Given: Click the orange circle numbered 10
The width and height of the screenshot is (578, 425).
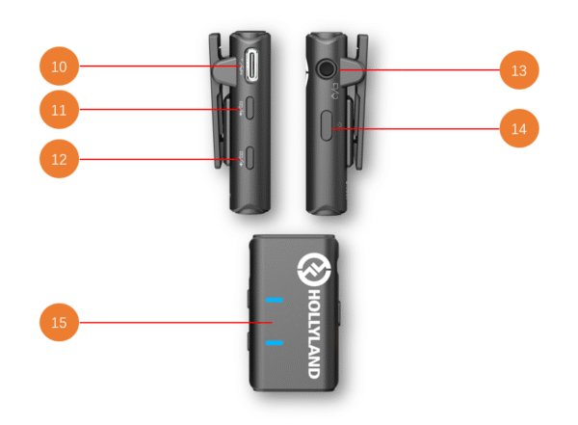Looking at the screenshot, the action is point(59,66).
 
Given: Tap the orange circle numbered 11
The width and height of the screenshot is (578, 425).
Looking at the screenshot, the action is point(59,110).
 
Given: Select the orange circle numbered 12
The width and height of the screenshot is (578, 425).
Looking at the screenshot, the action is point(59,159).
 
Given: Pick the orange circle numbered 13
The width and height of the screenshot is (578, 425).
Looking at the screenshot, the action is point(519,70).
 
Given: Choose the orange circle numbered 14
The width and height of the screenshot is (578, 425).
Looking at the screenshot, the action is point(519,128).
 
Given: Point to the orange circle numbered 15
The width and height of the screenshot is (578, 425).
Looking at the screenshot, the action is point(59,323).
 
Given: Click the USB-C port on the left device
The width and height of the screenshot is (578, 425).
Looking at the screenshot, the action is point(252,66).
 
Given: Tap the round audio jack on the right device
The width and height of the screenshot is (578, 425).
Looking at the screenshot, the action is point(326,68).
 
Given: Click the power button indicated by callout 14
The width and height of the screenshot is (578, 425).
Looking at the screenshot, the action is point(327,125).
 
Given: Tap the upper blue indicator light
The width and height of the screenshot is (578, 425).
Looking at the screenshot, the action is point(275,300).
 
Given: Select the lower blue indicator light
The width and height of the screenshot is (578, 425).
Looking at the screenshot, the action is point(275,343).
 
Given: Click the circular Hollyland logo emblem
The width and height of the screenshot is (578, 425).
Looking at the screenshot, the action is point(314,269).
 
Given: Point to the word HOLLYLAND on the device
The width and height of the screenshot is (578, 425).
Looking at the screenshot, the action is point(314,333).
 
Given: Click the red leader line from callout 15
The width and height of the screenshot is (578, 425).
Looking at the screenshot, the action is point(176,323).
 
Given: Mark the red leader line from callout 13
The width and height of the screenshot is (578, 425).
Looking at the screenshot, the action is point(419,69).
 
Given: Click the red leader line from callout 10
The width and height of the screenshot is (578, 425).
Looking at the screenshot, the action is point(160,66).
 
